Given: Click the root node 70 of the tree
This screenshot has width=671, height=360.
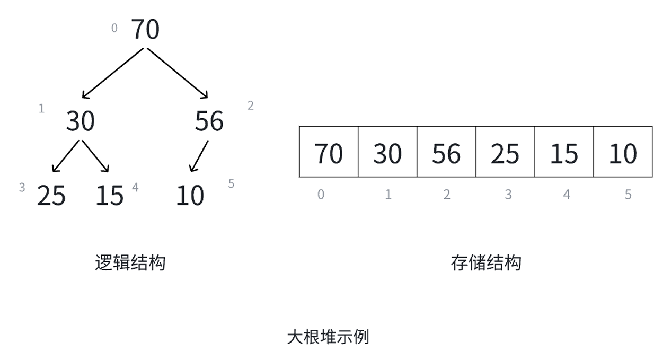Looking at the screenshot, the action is click(x=145, y=29).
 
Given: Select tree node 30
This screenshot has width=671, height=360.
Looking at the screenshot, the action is click(x=81, y=121).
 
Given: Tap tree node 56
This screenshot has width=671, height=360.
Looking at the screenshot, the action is click(x=209, y=121).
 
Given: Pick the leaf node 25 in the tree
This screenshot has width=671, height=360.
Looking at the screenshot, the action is click(x=51, y=196).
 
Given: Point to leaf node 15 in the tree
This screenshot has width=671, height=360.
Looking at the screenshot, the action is click(x=110, y=196).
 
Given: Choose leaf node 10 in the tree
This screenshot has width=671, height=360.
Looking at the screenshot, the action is click(x=190, y=196).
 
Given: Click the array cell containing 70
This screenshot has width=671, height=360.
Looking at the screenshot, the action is click(x=329, y=152).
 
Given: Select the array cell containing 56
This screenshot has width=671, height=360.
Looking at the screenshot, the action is click(x=446, y=152).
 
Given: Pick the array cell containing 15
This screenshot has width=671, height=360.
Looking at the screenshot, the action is click(x=564, y=152).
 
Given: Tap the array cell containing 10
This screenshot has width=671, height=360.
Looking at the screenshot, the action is click(x=623, y=152).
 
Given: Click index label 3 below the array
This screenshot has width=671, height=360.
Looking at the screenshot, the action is click(x=508, y=195).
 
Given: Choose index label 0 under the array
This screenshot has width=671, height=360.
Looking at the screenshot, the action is click(x=321, y=195).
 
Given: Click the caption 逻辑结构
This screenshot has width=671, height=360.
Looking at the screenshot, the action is click(x=130, y=263).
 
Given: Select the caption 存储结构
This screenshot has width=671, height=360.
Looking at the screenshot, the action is click(x=486, y=263).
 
